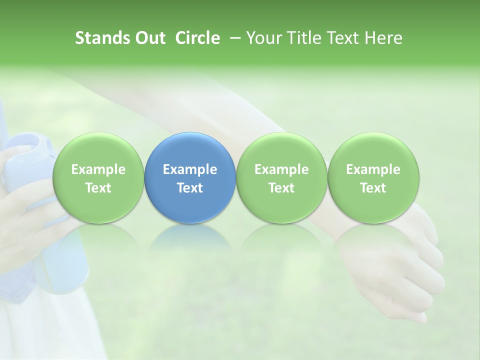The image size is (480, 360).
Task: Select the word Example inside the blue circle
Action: pyautogui.click(x=190, y=169)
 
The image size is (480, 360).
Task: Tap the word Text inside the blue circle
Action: pyautogui.click(x=190, y=188)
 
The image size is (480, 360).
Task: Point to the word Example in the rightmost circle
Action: pyautogui.click(x=373, y=169)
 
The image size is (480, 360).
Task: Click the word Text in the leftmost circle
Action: pyautogui.click(x=98, y=188)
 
